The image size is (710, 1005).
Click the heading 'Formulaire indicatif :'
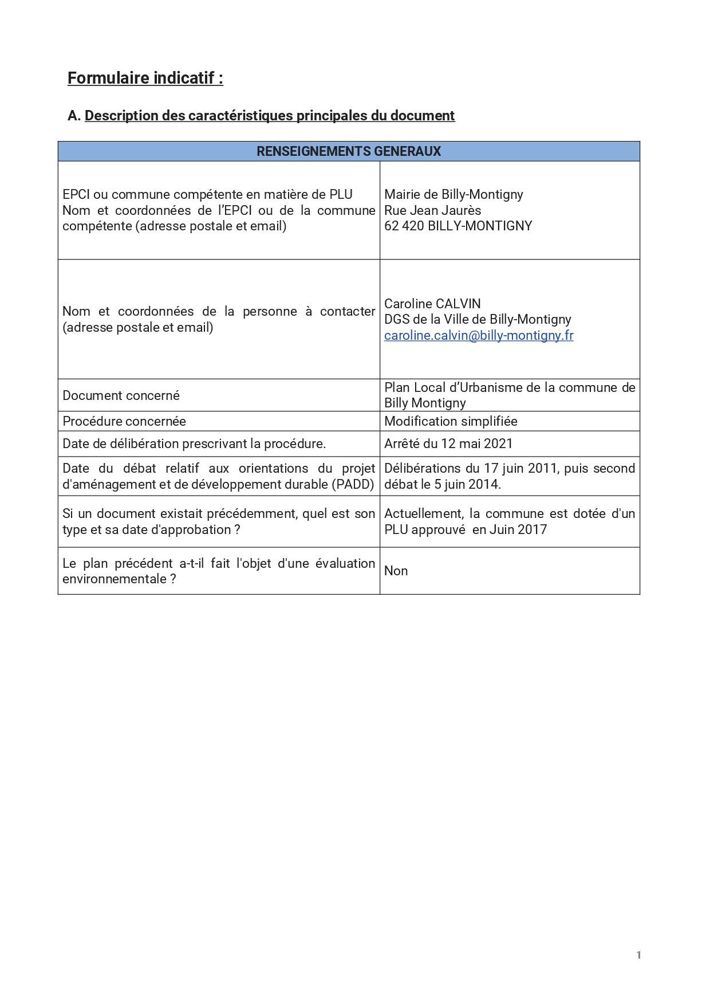pos(145,78)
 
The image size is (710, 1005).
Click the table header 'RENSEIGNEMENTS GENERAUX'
pos(348,151)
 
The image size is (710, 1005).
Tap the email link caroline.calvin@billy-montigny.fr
pos(478,335)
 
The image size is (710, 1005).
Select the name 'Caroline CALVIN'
pos(432,304)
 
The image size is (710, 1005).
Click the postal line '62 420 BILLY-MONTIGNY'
pos(457,226)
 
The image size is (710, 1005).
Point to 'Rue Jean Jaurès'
pos(432,210)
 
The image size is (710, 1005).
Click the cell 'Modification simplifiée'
pos(451,421)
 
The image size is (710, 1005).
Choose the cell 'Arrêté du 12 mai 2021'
pos(448,443)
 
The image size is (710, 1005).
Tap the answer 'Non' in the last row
pos(396,571)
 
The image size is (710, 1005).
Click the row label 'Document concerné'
pos(121,395)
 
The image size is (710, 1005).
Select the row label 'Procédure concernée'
pos(124,421)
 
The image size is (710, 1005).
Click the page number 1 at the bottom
pos(638,955)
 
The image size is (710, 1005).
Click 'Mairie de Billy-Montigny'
pos(453,194)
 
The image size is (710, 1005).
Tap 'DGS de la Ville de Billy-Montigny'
pos(478,319)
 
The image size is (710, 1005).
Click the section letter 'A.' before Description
pos(74,116)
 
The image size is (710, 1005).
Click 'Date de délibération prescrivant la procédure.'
pos(194,443)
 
